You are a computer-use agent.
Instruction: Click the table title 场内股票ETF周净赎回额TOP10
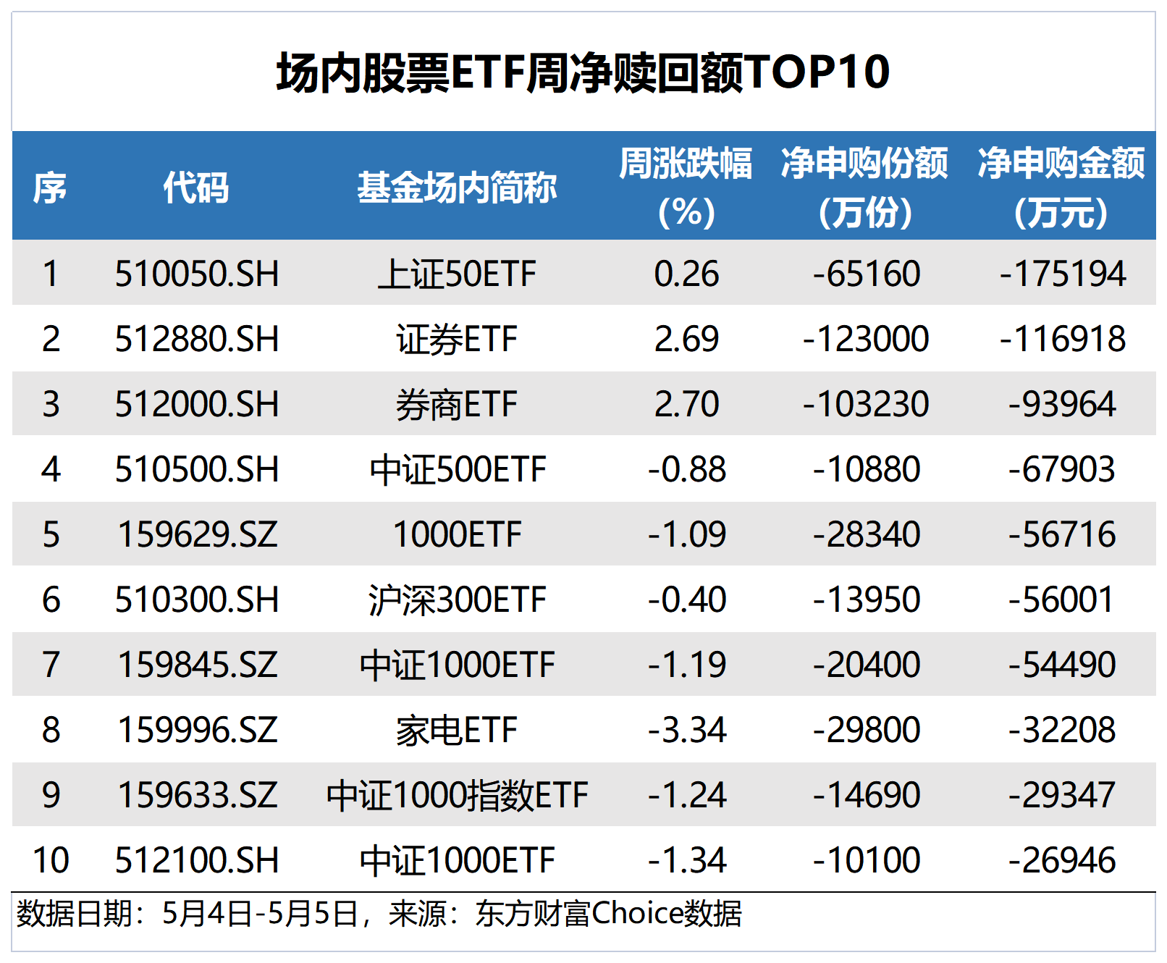[583, 72]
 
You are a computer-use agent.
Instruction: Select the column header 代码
[196, 188]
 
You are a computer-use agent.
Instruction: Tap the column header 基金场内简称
[457, 188]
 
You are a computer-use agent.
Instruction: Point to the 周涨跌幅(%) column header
[686, 187]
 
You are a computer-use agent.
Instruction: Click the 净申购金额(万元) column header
[1061, 187]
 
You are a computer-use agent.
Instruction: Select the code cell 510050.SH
[197, 274]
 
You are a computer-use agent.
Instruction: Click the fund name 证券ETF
[457, 340]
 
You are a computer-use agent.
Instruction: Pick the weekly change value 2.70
[686, 404]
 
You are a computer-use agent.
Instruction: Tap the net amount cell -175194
[1063, 274]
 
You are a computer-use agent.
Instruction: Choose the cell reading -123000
[866, 339]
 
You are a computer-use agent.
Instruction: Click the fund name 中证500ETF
[458, 470]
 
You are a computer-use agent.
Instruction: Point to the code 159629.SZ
[197, 534]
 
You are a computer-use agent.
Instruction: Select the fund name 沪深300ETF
[458, 600]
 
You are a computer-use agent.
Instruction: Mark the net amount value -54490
[1062, 665]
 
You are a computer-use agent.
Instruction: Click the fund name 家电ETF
[457, 730]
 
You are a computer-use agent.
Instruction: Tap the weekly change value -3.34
[686, 730]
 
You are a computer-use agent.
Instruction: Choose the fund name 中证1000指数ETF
[458, 795]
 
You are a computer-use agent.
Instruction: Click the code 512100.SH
[197, 860]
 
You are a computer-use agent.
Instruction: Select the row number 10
[51, 860]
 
